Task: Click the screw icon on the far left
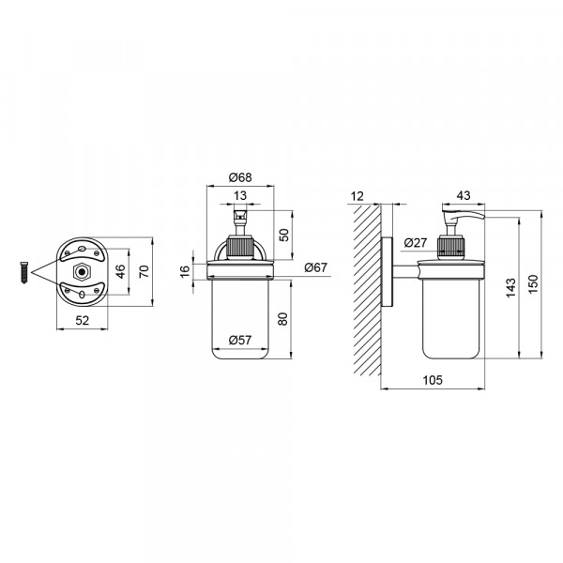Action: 24,273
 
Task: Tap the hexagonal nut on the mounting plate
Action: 82,272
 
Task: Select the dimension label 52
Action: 83,320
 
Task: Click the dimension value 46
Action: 121,271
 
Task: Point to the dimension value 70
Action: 144,271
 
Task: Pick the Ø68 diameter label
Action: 240,177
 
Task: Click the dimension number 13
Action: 240,196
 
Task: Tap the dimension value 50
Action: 283,235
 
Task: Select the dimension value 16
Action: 184,271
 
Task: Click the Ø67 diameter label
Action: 316,267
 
